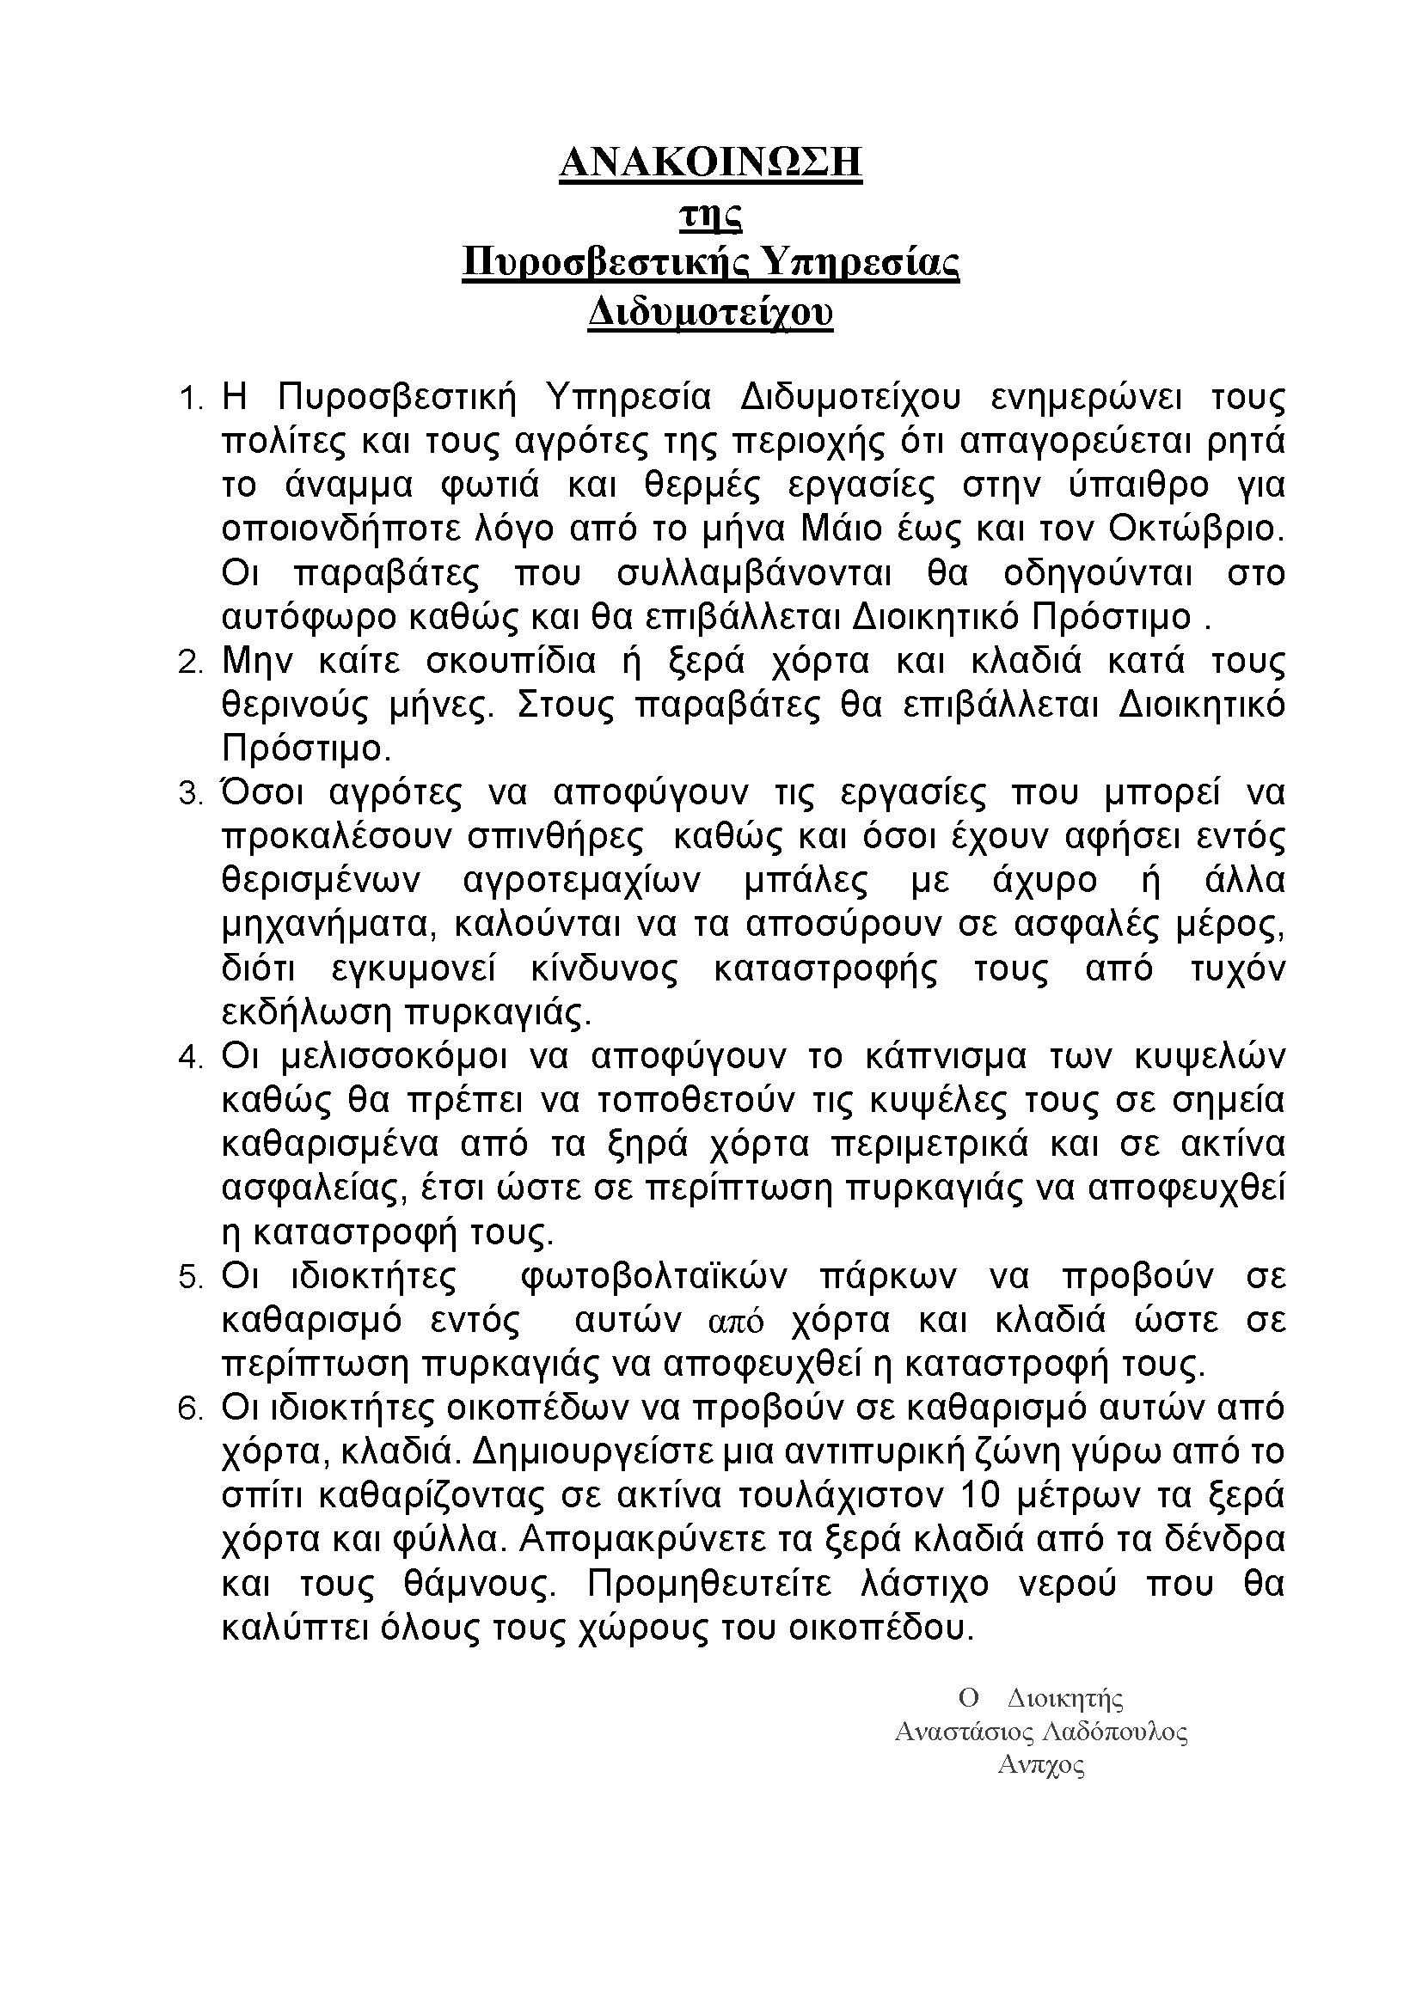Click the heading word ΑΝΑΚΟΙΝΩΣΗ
pyautogui.click(x=710, y=162)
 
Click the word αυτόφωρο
pyautogui.click(x=309, y=617)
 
